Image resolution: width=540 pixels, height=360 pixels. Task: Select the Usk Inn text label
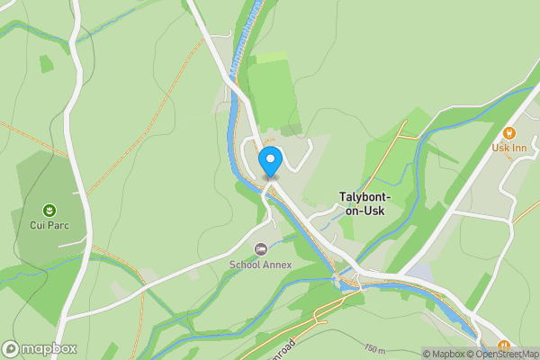514,147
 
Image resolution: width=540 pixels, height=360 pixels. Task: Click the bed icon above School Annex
260,249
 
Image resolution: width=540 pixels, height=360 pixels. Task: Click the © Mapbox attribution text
442,354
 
